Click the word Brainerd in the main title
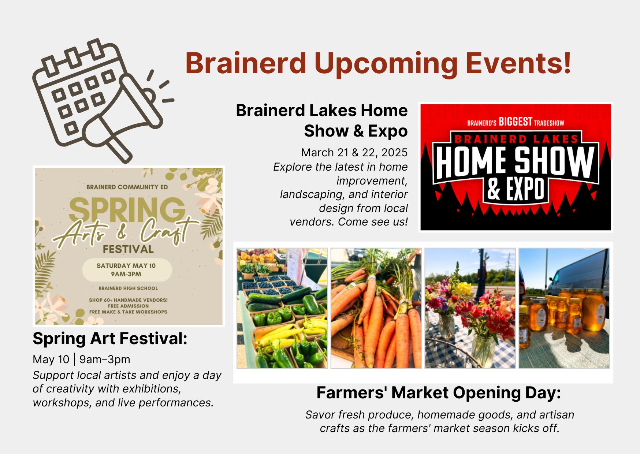point(246,63)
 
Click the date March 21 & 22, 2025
point(354,152)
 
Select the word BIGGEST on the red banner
point(515,122)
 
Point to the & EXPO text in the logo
point(516,189)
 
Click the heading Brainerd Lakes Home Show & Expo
point(321,120)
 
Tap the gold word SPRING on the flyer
point(127,211)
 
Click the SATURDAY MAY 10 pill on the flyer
point(127,270)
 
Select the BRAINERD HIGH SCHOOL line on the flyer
point(128,288)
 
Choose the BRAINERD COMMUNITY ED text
point(127,187)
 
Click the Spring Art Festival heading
point(110,338)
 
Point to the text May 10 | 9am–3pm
point(81,360)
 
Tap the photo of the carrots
point(376,308)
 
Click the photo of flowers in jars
point(470,308)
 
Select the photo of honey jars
point(564,308)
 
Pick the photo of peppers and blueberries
point(282,308)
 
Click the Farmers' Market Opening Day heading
point(439,393)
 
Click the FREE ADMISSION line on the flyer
point(128,306)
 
